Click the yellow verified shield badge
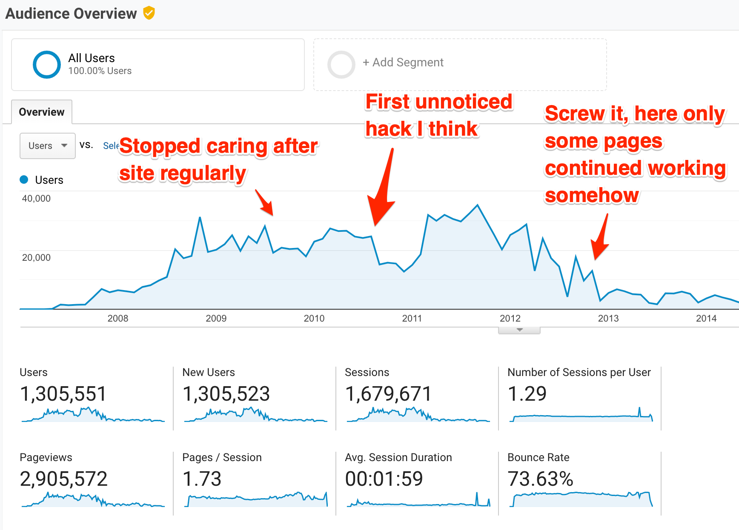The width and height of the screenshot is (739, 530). (x=149, y=13)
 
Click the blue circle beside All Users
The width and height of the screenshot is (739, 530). (x=47, y=65)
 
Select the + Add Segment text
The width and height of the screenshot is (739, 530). (x=403, y=63)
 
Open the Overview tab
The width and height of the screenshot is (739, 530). (x=42, y=112)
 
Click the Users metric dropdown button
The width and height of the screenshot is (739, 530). (x=47, y=145)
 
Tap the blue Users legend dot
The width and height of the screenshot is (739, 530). (x=24, y=180)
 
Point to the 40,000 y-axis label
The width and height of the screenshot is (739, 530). (x=36, y=198)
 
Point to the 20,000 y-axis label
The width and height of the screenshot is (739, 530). (x=36, y=257)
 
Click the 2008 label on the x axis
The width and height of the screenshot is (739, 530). (x=118, y=318)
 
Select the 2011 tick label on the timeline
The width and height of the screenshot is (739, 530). (x=412, y=318)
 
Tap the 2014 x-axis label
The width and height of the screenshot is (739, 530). (x=706, y=318)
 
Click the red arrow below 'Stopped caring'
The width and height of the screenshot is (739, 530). (x=265, y=203)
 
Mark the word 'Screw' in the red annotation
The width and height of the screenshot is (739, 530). (x=574, y=114)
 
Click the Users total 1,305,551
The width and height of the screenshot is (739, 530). (x=63, y=394)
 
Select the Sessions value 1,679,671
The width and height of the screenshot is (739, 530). (x=388, y=394)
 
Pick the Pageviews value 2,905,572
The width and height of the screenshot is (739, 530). (x=64, y=479)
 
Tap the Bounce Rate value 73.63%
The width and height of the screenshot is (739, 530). (x=540, y=479)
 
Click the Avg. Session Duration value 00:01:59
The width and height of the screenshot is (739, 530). (x=384, y=479)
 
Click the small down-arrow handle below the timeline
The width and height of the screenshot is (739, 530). (x=519, y=330)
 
